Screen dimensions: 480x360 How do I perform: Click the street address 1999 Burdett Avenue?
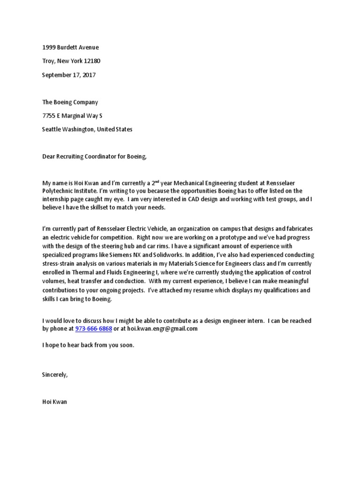point(70,47)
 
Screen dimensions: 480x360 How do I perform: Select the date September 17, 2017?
point(68,75)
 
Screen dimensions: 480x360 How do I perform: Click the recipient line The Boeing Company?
point(70,102)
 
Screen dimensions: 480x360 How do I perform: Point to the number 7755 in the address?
point(49,115)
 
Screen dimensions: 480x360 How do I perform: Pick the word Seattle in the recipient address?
point(52,129)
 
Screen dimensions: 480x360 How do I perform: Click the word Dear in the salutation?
point(49,157)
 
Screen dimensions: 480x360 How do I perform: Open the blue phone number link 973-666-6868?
point(93,329)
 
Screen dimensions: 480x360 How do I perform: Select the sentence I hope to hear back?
point(88,345)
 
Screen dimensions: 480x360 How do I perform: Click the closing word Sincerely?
point(55,375)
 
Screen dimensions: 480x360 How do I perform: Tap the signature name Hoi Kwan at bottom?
point(54,402)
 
